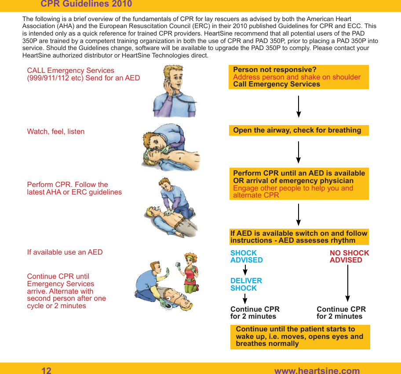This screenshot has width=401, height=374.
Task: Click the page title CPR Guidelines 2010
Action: tap(86, 4)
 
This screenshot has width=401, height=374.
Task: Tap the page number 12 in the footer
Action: tap(46, 370)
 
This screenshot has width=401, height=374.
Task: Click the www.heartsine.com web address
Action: tap(317, 370)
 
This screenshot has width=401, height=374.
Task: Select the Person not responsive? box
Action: tap(299, 77)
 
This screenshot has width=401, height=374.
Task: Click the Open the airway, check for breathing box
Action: tap(299, 130)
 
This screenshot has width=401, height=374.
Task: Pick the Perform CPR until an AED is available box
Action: tap(299, 184)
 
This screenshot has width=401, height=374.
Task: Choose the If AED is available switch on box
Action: tap(299, 237)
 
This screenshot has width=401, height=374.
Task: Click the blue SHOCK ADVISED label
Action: tap(246, 256)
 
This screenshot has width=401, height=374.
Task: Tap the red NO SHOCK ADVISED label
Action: tap(349, 256)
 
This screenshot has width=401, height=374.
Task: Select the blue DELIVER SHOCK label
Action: tap(246, 284)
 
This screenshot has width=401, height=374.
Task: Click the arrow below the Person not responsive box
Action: tap(299, 107)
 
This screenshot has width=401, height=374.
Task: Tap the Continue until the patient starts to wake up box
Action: tap(300, 337)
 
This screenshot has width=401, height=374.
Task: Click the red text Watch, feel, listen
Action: tap(56, 131)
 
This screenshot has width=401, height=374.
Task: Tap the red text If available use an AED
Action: tap(65, 252)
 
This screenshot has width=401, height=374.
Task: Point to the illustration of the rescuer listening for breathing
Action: tap(171, 147)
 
